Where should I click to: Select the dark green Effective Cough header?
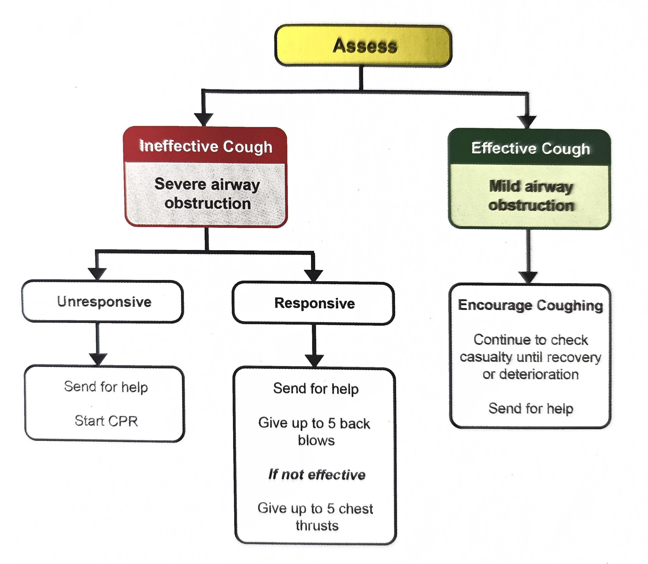[x=530, y=148]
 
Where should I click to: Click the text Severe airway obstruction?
[x=207, y=193]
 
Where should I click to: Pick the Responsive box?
[x=314, y=303]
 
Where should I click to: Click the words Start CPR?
[x=106, y=421]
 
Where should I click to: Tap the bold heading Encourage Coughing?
[x=530, y=305]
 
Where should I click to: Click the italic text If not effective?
[x=317, y=474]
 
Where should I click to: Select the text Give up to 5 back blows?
[x=314, y=431]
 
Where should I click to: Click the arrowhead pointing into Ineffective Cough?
[x=204, y=119]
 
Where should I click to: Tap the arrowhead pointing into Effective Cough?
[x=526, y=121]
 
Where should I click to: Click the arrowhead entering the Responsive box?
[x=313, y=275]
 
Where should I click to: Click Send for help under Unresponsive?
[x=106, y=386]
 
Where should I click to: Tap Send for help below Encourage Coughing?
[x=531, y=408]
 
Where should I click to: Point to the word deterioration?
[x=539, y=374]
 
